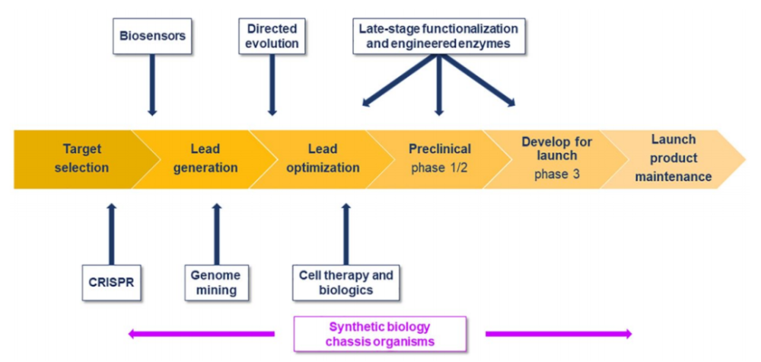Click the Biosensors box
click(152, 36)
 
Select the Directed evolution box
click(272, 36)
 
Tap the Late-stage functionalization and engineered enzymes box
click(438, 36)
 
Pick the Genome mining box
click(216, 283)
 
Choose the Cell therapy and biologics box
click(346, 283)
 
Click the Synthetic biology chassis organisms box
click(380, 334)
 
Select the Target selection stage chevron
click(82, 159)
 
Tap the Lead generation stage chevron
click(204, 159)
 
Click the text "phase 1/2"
click(440, 168)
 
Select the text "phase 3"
click(557, 174)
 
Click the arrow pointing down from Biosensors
click(152, 85)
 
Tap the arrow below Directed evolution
click(272, 85)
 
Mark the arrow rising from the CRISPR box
click(112, 234)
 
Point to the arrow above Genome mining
click(216, 234)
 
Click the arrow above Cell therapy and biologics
click(346, 234)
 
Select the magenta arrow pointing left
click(202, 334)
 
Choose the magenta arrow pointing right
click(559, 334)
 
